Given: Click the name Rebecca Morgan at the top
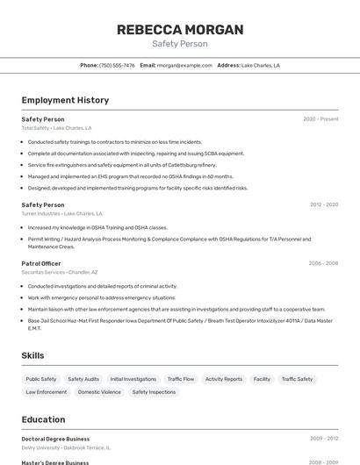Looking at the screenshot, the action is click(180, 30).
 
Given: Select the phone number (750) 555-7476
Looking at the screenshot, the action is click(117, 65).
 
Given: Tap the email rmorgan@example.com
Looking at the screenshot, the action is click(184, 65).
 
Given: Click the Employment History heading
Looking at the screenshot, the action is click(65, 100).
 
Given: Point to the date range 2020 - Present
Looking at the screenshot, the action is click(320, 119).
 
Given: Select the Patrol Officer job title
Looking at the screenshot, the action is click(41, 263).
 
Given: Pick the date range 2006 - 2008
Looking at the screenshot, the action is click(323, 263).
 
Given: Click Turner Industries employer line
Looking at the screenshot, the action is click(61, 213).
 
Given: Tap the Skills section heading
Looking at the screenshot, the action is click(32, 355).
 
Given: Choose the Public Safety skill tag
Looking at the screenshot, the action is click(41, 379).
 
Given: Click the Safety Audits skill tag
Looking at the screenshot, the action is click(83, 379).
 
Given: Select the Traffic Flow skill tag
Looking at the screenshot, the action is click(181, 379).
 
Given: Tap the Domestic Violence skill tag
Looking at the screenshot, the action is click(99, 392).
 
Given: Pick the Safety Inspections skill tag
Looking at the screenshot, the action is click(154, 392).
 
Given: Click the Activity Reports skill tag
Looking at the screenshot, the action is click(224, 379).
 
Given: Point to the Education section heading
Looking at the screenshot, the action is click(43, 419).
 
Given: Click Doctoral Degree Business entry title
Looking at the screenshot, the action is click(55, 439).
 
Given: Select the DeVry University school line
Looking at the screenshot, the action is click(66, 447).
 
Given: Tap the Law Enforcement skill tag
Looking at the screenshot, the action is click(46, 392).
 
